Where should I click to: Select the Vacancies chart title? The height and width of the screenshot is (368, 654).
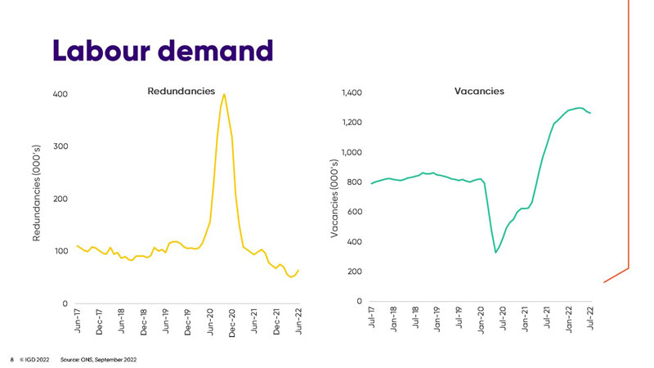pos(479,91)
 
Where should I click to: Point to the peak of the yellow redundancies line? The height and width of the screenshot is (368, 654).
pos(224,94)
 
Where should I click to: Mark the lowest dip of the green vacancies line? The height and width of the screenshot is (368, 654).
pos(495,253)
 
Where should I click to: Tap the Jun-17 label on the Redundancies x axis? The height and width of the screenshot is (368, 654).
pos(78,323)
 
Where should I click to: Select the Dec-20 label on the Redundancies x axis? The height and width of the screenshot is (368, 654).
pos(232,323)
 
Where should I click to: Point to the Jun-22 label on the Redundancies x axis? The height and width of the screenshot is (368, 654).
pos(299,323)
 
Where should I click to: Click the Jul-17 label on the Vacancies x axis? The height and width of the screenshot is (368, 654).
pos(373,321)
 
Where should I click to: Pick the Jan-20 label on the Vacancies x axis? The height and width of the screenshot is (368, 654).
pos(482,321)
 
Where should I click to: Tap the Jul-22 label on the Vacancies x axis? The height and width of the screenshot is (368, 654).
pos(590,321)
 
